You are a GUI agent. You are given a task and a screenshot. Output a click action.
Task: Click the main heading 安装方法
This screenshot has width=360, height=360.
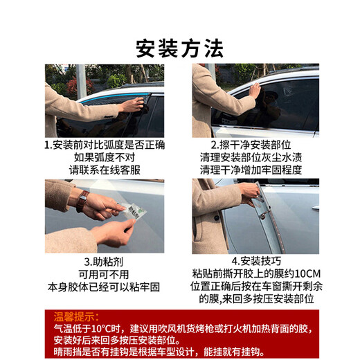(x=179, y=48)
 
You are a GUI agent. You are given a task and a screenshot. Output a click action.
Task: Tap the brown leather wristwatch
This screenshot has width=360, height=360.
(x=82, y=200)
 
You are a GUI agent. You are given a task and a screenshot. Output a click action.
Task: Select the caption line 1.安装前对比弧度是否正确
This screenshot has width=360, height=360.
(x=105, y=145)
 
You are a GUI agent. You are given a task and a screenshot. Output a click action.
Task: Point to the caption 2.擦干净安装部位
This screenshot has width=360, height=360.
(x=251, y=145)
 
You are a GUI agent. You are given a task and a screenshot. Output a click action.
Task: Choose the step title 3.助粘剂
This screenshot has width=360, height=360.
(x=104, y=262)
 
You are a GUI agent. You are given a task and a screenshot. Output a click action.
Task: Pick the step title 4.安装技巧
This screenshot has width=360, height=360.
(x=256, y=261)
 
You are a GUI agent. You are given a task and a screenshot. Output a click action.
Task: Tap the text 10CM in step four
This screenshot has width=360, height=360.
(x=307, y=274)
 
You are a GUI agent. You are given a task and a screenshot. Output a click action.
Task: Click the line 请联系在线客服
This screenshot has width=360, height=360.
(x=105, y=170)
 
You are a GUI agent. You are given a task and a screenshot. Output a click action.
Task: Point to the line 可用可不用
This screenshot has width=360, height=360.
(x=104, y=275)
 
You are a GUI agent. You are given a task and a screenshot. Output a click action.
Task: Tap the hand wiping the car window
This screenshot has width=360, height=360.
(x=255, y=90)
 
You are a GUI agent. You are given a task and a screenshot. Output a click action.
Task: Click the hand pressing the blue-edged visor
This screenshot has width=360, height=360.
(x=132, y=105)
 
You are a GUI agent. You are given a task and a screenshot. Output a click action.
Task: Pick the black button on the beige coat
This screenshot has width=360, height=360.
(x=217, y=218)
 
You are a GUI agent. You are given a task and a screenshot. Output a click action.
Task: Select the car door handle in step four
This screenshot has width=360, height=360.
(x=316, y=208)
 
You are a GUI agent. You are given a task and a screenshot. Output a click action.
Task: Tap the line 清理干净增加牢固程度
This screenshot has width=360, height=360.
(x=251, y=170)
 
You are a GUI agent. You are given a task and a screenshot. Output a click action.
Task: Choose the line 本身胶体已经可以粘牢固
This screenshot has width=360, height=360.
(x=104, y=287)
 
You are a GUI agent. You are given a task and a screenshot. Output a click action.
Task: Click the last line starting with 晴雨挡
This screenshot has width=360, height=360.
(x=159, y=352)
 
